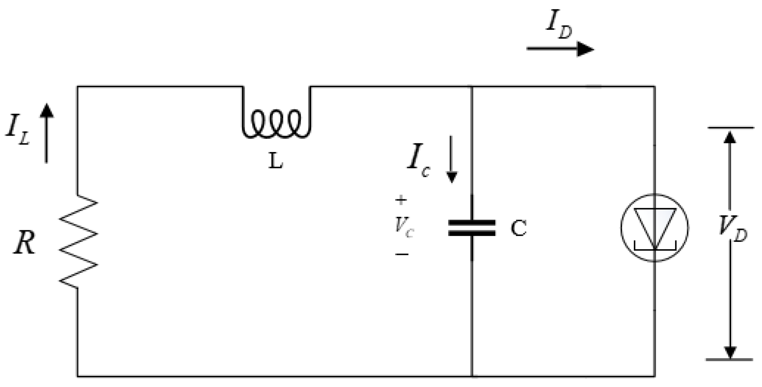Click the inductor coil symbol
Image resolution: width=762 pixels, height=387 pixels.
click(277, 124)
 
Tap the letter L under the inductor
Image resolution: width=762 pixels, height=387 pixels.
click(275, 161)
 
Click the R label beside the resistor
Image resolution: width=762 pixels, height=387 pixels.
click(25, 243)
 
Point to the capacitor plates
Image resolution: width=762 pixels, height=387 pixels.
click(472, 228)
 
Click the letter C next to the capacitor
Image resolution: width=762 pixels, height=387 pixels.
click(518, 228)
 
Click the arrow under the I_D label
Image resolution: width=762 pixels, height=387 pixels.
click(560, 49)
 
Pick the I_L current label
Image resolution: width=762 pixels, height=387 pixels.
click(17, 132)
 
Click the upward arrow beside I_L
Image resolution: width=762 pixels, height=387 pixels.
click(46, 133)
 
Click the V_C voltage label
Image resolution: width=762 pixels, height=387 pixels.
click(404, 228)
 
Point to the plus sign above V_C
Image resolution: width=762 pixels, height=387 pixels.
click(401, 200)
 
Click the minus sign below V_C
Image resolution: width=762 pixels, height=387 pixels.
click(402, 254)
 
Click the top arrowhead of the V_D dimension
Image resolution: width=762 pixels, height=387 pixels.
click(730, 137)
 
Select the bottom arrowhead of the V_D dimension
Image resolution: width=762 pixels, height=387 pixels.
click(730, 352)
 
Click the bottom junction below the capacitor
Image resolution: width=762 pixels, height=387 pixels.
click(472, 376)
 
